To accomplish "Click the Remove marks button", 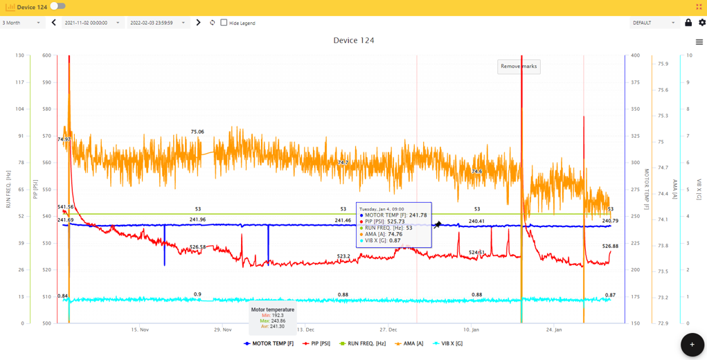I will point(519,66).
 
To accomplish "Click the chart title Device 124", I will point(354,40).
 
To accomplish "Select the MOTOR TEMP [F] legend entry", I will point(269,343).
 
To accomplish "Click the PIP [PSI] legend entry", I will point(316,343).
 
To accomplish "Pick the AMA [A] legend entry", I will point(409,343).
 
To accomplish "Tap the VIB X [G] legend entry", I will point(448,343).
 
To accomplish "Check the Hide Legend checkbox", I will point(224,23).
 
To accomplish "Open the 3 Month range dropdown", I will point(21,23).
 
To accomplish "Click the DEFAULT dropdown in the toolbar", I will point(654,23).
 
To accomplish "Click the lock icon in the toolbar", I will point(688,23).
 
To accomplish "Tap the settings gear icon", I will point(701,23).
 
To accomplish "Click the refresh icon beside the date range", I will point(213,23).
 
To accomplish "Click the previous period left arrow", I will point(54,23).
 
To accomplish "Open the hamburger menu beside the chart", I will point(699,42).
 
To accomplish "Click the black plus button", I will point(692,344).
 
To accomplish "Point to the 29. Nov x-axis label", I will point(222,330).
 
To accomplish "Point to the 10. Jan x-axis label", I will point(471,330).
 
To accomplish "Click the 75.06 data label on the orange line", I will point(197,132).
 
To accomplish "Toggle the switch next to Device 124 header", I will point(58,6).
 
